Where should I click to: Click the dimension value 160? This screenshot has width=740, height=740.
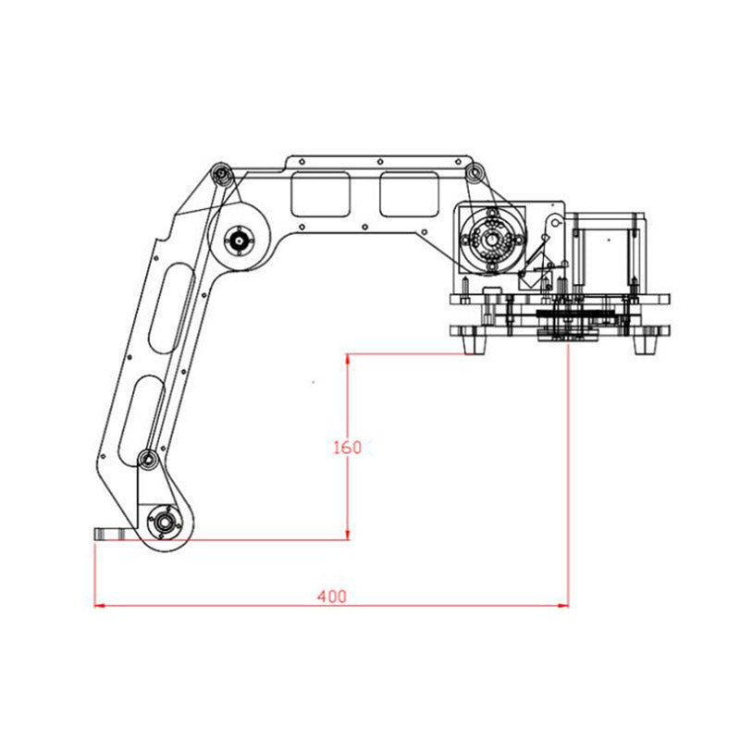(x=348, y=447)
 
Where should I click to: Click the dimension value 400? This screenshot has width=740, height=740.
(x=332, y=597)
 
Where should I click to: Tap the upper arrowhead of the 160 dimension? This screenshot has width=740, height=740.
(x=348, y=360)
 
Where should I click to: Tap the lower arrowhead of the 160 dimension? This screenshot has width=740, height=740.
(x=348, y=534)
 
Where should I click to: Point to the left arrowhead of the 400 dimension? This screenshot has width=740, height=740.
(x=100, y=605)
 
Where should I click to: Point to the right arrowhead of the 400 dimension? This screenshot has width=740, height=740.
(x=563, y=605)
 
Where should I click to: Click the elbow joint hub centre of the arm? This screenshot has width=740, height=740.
(x=239, y=240)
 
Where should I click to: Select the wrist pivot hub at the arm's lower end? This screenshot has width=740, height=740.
(x=165, y=523)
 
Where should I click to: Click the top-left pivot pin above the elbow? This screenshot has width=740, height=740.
(x=221, y=174)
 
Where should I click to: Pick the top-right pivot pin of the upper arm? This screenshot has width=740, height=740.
(x=474, y=173)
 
